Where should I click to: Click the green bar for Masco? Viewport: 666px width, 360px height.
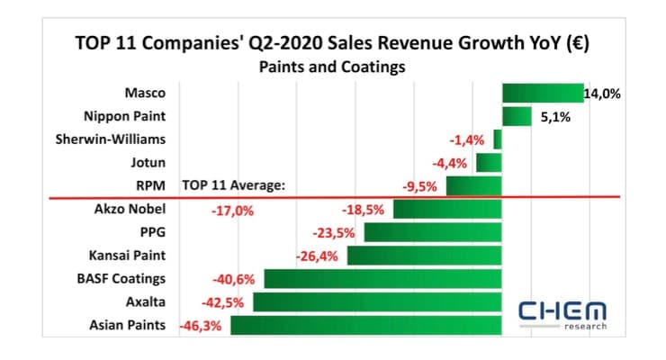pyautogui.click(x=543, y=94)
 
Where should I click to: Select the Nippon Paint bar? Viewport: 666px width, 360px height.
pyautogui.click(x=517, y=117)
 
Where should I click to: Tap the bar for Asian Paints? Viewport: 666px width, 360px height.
pyautogui.click(x=366, y=324)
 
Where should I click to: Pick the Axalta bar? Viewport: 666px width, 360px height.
pyautogui.click(x=377, y=301)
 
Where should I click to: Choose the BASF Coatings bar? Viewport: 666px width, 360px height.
pyautogui.click(x=382, y=278)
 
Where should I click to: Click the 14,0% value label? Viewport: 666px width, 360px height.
pyautogui.click(x=602, y=94)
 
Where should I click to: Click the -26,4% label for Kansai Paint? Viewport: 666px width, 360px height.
pyautogui.click(x=317, y=256)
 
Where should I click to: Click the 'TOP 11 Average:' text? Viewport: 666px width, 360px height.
pyautogui.click(x=233, y=186)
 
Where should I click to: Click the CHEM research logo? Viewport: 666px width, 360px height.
pyautogui.click(x=563, y=313)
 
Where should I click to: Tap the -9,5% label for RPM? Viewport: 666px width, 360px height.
pyautogui.click(x=419, y=186)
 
